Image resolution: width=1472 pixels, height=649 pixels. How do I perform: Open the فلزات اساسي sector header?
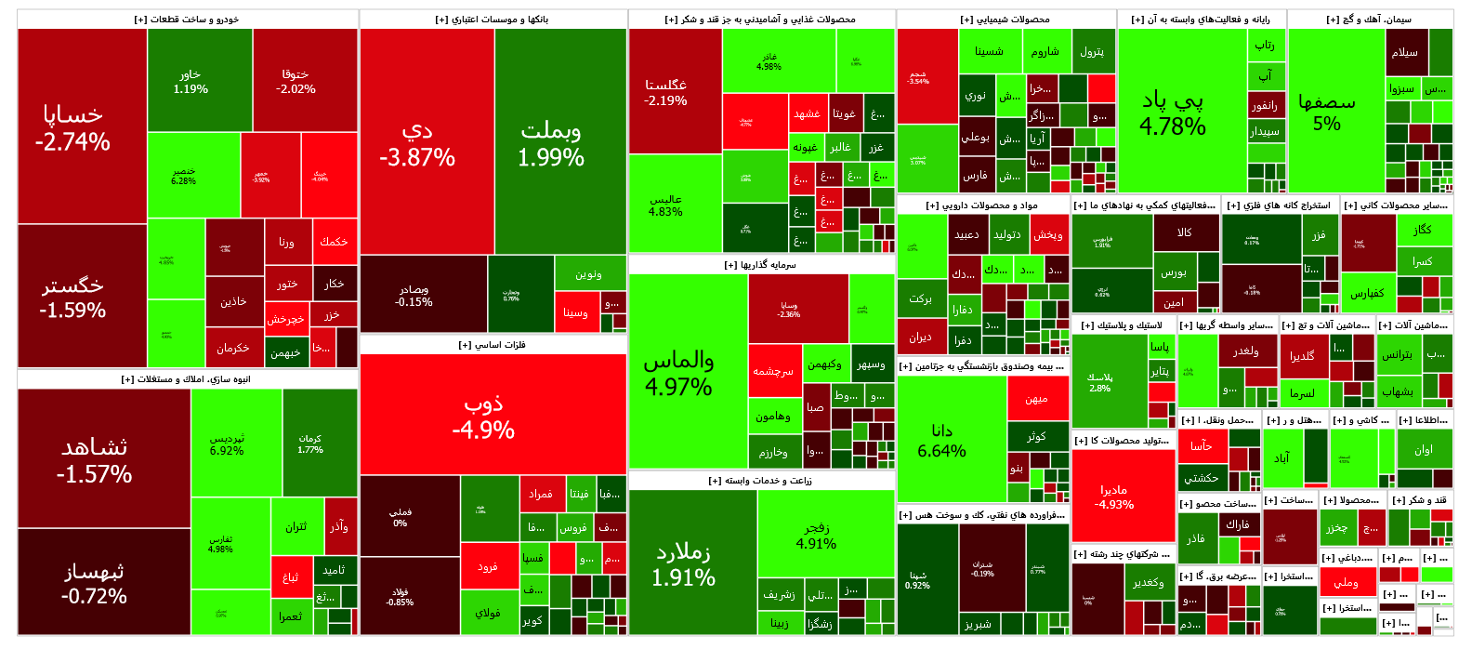tap(493, 345)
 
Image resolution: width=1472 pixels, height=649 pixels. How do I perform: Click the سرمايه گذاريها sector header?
tap(761, 265)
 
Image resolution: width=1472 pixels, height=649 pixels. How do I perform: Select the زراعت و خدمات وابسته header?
tap(761, 481)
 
